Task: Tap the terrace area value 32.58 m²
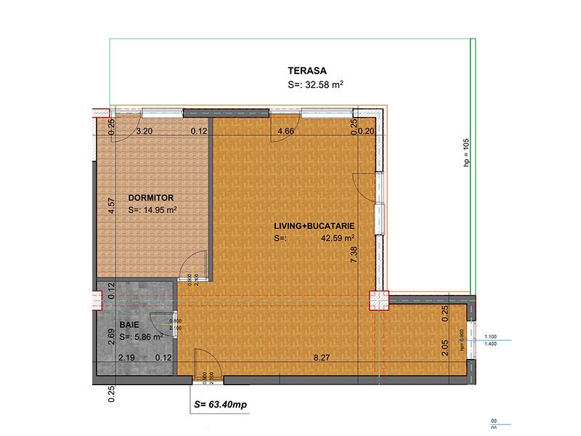click(x=315, y=85)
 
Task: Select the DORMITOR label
click(x=152, y=197)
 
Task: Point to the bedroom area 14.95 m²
click(x=153, y=211)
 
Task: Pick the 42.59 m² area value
click(x=338, y=238)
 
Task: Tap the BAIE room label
click(x=129, y=326)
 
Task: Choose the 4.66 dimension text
click(x=286, y=132)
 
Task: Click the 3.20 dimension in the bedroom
click(x=144, y=132)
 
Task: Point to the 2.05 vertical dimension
click(x=445, y=348)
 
